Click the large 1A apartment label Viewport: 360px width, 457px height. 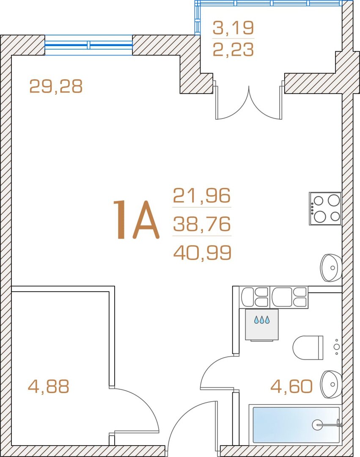pos(136,220)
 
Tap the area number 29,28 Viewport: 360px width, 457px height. pos(56,86)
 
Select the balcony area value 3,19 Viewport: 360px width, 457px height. pos(233,28)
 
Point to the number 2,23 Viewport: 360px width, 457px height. pos(233,49)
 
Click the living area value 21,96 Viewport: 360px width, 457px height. pos(202,195)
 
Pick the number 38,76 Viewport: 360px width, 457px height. pos(202,224)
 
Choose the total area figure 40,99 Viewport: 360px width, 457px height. pos(203,252)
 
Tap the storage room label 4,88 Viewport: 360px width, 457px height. pos(48,386)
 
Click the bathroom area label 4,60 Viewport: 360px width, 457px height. pos(291,386)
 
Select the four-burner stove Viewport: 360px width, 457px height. pos(325,208)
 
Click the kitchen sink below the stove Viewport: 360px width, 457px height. pos(331,267)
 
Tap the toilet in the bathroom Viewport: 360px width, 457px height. pos(308,347)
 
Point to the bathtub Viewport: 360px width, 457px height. pos(295,425)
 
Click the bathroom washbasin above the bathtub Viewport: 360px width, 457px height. pos(331,384)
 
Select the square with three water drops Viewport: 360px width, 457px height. pos(262,325)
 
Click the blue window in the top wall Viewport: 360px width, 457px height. pos(88,45)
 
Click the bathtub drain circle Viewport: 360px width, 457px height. pos(317,425)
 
